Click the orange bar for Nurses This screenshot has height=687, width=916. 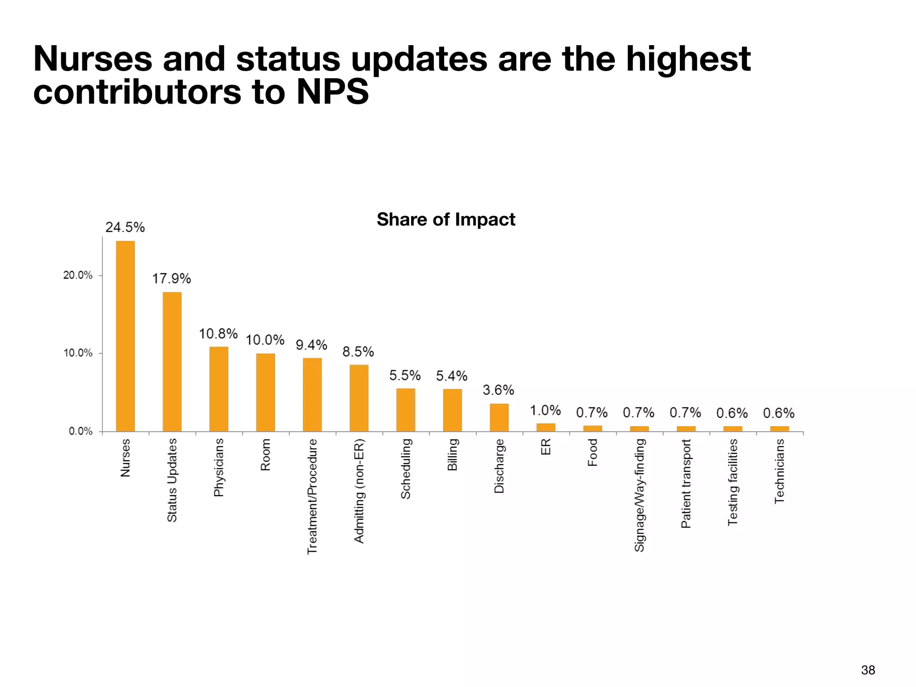125,336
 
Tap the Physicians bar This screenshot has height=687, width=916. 219,389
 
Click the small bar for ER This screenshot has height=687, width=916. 546,427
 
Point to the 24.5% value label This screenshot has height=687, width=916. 125,227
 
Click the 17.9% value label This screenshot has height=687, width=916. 172,279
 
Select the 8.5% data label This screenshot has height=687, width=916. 358,352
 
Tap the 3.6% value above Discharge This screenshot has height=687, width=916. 498,390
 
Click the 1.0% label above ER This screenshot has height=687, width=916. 545,410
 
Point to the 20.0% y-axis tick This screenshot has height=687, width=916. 78,275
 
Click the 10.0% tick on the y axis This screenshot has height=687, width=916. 78,353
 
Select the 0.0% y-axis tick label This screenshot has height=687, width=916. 81,431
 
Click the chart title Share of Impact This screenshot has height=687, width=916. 446,219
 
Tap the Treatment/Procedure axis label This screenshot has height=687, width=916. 312,496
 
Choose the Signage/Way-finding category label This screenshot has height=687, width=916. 640,495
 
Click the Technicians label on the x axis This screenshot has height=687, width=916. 780,471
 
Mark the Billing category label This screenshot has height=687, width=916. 453,454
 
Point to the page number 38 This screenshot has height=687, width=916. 868,670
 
